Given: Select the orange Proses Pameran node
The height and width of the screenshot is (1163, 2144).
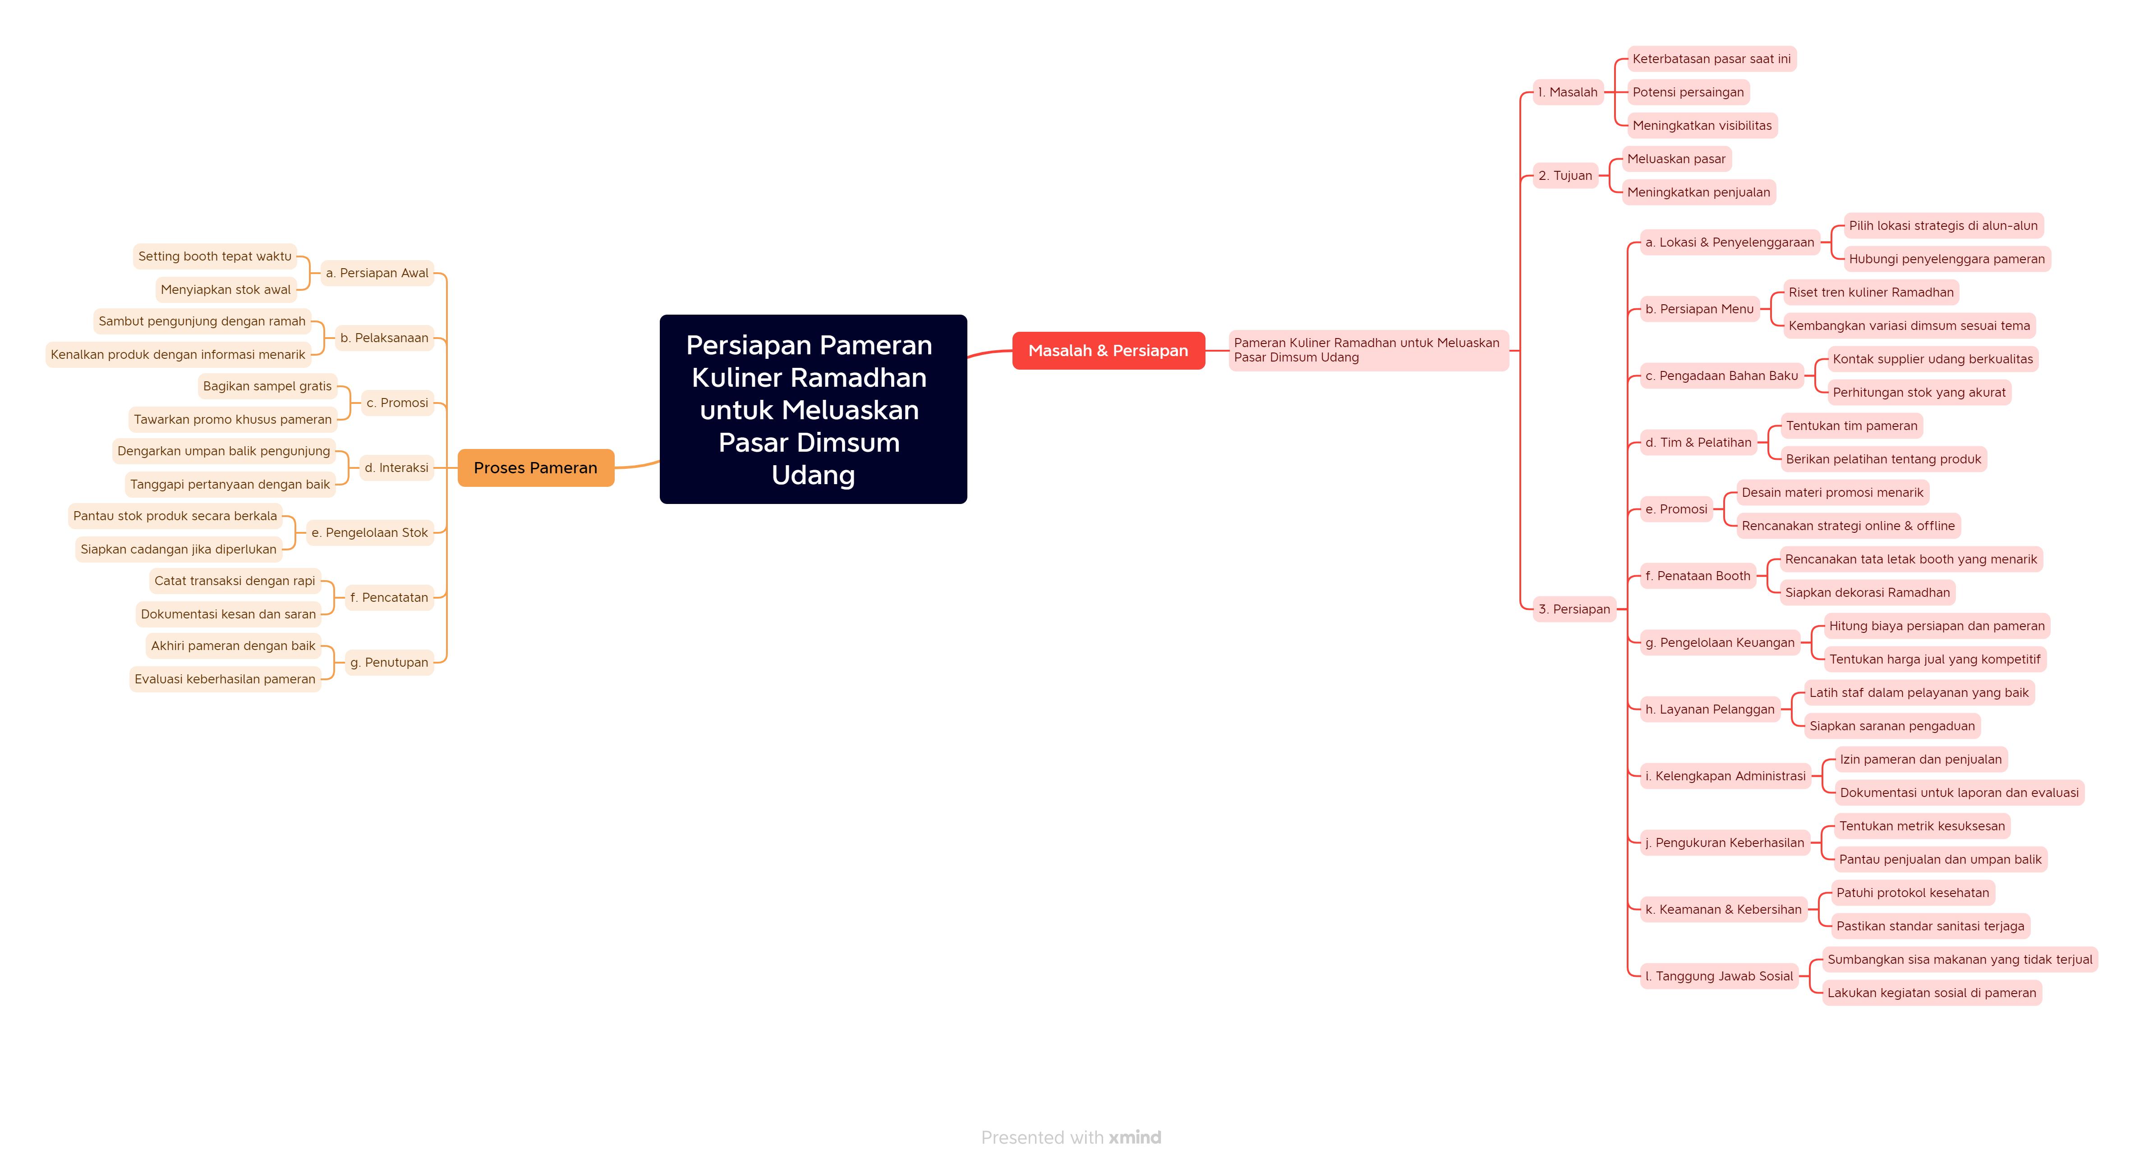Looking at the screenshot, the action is coord(535,467).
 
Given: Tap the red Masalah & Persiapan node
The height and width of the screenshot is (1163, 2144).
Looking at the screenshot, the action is coord(1108,350).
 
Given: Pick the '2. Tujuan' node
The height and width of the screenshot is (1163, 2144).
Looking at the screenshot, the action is coord(1565,175).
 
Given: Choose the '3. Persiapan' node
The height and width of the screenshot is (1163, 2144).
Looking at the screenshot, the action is coord(1574,609).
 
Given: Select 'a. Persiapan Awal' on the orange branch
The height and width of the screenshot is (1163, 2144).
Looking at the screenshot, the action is coord(377,273).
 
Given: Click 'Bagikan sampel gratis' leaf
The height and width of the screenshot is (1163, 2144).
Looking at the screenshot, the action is coord(267,386).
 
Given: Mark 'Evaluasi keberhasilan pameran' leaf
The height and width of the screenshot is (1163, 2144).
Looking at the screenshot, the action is coord(225,679).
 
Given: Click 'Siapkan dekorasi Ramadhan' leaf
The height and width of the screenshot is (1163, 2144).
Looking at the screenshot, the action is coord(1867,592).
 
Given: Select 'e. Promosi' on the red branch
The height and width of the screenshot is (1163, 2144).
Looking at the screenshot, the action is coord(1676,509).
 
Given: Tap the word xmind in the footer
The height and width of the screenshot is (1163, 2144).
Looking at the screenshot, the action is coord(1134,1137).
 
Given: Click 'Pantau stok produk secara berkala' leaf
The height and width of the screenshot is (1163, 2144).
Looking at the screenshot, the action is coord(175,516).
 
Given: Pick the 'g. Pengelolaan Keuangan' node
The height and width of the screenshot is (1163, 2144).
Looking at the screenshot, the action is coord(1720,642).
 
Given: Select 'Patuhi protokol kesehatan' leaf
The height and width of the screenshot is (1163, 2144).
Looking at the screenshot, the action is coord(1913,893).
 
